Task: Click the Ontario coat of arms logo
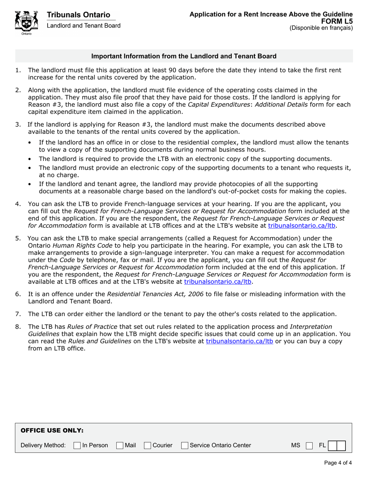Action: point(26,22)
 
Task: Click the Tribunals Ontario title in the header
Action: point(78,15)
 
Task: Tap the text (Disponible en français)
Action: point(321,28)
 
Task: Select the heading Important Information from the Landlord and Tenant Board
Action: point(184,56)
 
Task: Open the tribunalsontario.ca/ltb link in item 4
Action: point(301,225)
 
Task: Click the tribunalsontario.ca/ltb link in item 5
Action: point(217,282)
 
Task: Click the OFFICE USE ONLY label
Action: point(52,430)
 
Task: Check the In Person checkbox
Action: point(77,446)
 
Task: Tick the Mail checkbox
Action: point(120,446)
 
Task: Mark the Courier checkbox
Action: point(148,446)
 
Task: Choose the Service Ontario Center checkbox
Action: point(185,446)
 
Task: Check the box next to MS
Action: point(309,446)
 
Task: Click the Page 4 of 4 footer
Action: point(338,463)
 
